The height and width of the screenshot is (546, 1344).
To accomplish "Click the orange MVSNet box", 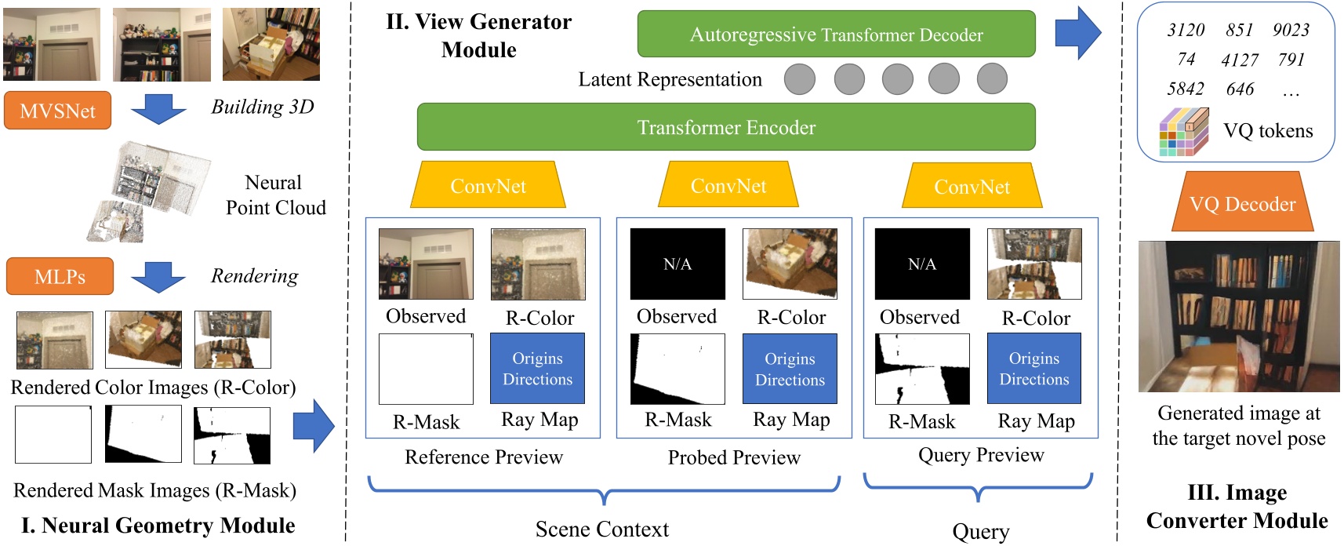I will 57,111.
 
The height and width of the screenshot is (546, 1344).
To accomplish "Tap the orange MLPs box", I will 60,276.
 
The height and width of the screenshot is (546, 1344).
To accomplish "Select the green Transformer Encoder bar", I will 726,127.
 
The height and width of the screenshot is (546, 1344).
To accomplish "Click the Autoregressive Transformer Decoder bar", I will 836,35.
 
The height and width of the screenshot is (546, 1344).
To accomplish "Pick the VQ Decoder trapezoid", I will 1242,203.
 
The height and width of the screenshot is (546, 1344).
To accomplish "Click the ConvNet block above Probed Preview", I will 728,185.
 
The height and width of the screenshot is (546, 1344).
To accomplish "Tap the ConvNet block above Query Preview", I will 972,186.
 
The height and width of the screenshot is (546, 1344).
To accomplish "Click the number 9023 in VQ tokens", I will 1291,30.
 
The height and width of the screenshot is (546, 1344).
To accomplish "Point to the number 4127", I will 1239,60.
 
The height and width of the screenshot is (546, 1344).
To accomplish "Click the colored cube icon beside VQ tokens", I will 1183,132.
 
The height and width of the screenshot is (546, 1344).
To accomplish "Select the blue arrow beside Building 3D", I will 158,108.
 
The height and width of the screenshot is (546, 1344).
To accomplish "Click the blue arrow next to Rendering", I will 158,277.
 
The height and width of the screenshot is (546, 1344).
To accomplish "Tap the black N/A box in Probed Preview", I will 677,264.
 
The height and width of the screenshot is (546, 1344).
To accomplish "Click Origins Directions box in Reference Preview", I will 537,368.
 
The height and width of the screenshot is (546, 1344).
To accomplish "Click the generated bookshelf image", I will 1239,316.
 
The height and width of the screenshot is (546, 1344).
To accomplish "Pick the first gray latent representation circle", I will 800,79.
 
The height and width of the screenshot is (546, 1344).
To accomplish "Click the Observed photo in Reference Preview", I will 426,264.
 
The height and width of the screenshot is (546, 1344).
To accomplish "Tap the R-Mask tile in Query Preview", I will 922,369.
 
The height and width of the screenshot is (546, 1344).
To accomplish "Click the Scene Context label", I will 601,529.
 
